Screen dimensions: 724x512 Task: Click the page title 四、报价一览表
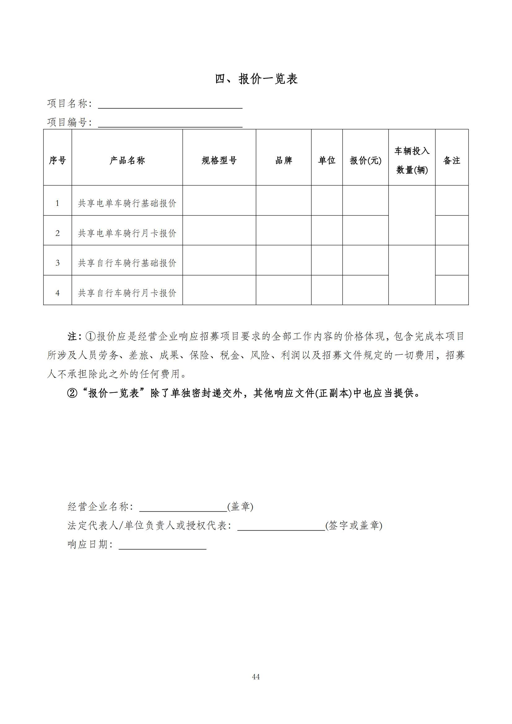click(256, 79)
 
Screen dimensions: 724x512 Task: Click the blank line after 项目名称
click(170, 106)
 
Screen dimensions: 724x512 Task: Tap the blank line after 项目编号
click(170, 124)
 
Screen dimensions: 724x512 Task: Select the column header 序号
click(57, 161)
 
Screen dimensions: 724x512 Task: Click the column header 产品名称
click(127, 161)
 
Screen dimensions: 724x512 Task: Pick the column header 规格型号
click(219, 161)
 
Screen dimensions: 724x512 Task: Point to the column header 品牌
click(284, 161)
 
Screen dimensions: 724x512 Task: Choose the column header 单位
click(327, 161)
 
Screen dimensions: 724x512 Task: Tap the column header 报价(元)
click(365, 161)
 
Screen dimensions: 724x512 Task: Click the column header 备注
click(451, 161)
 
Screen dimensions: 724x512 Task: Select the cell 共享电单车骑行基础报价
click(127, 203)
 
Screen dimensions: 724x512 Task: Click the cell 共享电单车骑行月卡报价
click(127, 233)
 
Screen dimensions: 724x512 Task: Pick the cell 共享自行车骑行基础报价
click(127, 263)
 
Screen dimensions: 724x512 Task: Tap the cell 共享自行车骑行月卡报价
click(127, 293)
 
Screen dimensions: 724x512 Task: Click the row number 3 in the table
click(57, 263)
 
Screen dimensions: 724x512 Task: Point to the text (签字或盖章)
click(354, 525)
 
